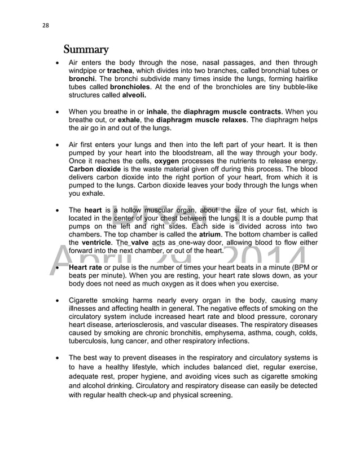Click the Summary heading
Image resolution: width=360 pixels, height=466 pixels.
[86, 47]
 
